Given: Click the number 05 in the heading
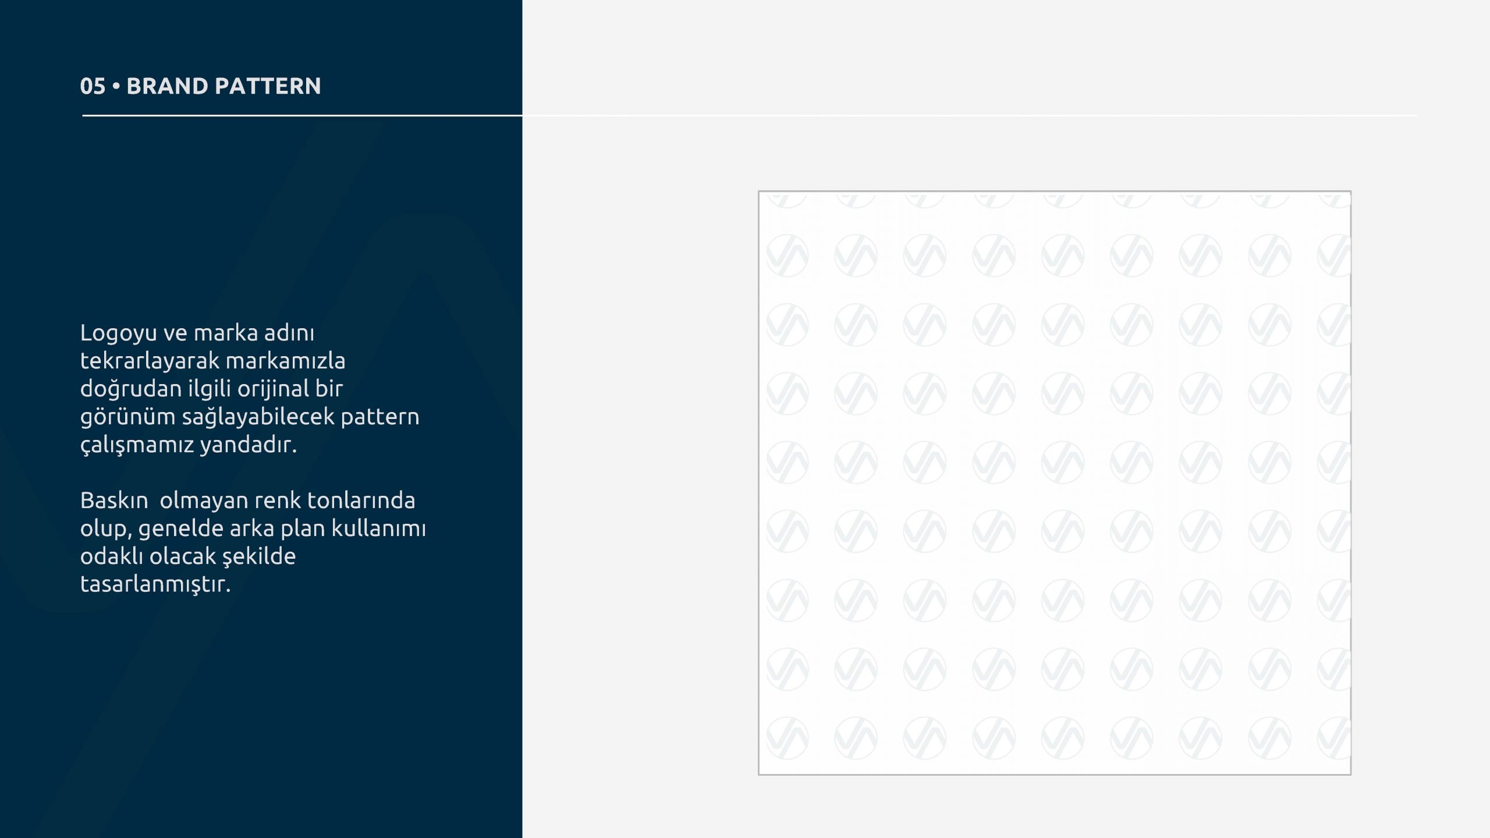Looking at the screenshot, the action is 93,86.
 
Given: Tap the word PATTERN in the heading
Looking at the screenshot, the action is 268,86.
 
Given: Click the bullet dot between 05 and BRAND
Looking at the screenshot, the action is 116,87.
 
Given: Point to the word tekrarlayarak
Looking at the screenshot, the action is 150,361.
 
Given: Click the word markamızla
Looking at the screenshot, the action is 285,361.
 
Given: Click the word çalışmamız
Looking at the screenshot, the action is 137,445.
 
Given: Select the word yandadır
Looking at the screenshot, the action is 249,445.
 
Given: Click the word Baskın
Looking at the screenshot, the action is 114,500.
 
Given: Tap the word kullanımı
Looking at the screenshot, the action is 378,528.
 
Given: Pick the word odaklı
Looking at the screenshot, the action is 112,556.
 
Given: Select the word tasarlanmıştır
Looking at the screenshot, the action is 155,585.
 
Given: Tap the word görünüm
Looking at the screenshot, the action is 128,417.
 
